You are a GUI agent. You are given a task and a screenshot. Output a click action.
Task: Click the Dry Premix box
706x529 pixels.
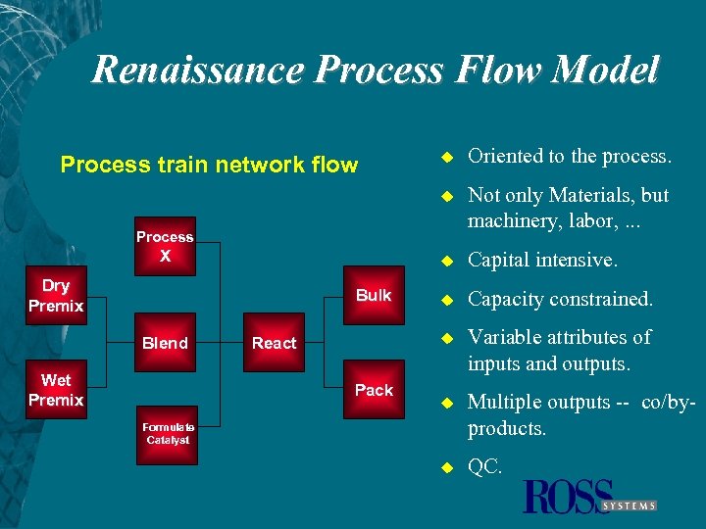pyautogui.click(x=56, y=295)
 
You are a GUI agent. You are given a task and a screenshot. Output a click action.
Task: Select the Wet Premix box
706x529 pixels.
pyautogui.click(x=56, y=390)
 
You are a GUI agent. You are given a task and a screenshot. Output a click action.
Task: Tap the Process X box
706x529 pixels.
pyautogui.click(x=165, y=245)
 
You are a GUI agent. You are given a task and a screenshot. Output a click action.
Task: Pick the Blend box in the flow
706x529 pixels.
pyautogui.click(x=165, y=343)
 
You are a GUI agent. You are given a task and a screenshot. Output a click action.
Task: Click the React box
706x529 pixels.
pyautogui.click(x=275, y=343)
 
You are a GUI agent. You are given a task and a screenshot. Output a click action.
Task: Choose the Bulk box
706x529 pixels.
pyautogui.click(x=374, y=295)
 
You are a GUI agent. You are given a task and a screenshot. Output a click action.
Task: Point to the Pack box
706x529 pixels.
pyautogui.click(x=374, y=390)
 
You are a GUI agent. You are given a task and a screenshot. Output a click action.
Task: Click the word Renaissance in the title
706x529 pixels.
pyautogui.click(x=196, y=71)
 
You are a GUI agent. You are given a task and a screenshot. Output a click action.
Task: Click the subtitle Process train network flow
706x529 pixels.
pyautogui.click(x=209, y=165)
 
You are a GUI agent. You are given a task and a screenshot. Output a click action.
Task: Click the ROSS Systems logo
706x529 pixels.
pyautogui.click(x=589, y=498)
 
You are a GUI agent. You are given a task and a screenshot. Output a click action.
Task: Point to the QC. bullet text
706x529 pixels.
pyautogui.click(x=484, y=468)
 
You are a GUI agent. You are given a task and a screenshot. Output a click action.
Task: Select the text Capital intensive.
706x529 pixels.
pyautogui.click(x=542, y=261)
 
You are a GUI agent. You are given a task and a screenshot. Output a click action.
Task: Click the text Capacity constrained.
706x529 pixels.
pyautogui.click(x=560, y=300)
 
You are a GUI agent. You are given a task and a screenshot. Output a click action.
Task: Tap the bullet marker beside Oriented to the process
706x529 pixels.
pyautogui.click(x=444, y=157)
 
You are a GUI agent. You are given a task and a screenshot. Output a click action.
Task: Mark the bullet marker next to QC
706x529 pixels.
pyautogui.click(x=444, y=468)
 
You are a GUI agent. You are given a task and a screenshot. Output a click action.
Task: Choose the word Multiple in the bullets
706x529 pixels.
pyautogui.click(x=506, y=403)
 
